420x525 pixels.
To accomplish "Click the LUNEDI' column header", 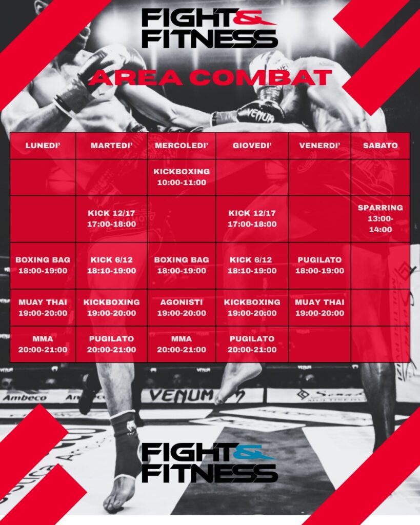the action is click(43, 146).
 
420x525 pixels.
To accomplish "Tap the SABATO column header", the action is click(380, 146).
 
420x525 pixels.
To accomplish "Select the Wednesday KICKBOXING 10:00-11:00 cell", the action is click(182, 177).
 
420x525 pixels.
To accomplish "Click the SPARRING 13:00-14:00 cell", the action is click(380, 218).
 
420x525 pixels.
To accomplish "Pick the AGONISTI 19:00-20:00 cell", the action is click(182, 308).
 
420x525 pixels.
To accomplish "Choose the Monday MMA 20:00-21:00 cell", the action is click(43, 344).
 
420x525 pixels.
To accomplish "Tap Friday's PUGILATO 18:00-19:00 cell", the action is click(319, 266).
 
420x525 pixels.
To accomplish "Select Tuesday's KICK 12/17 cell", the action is click(111, 218).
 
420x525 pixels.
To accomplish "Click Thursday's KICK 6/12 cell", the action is click(252, 266).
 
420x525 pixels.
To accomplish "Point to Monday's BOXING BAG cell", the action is click(43, 266).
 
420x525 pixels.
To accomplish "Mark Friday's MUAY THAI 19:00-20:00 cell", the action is click(319, 308).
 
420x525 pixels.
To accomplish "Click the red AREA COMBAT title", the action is click(210, 78).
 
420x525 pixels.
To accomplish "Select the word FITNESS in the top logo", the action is click(210, 38).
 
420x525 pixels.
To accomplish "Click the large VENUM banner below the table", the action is click(181, 395).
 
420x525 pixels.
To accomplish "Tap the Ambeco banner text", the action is click(25, 398).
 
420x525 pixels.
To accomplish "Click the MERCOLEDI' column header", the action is click(182, 146).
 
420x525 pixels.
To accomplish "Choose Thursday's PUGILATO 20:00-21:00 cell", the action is click(252, 344).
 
